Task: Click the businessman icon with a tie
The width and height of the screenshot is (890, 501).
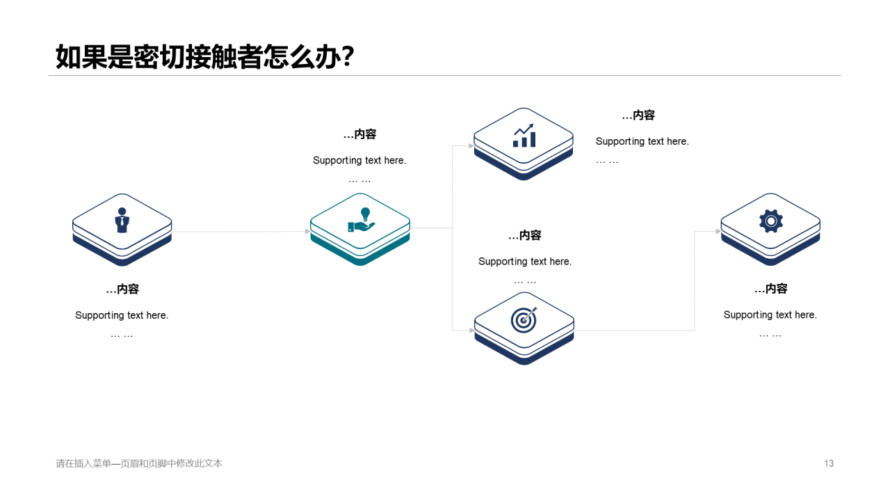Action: [x=122, y=220]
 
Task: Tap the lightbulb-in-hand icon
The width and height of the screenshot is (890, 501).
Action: [x=361, y=220]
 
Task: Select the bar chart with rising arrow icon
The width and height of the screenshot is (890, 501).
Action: [x=524, y=135]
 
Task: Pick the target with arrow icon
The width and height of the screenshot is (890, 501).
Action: [x=524, y=319]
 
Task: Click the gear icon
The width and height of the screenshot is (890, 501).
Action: [x=770, y=221]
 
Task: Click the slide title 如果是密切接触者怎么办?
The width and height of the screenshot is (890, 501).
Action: [x=205, y=57]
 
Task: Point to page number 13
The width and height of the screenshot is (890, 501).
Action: [x=828, y=463]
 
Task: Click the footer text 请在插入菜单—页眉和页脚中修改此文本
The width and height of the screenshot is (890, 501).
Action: [x=139, y=463]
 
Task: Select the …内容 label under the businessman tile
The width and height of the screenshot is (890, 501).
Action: [x=122, y=289]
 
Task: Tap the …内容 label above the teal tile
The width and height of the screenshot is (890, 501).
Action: [x=359, y=134]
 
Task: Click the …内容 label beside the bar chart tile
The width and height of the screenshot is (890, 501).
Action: [x=638, y=116]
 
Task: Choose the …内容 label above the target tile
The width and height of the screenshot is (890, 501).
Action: [x=525, y=235]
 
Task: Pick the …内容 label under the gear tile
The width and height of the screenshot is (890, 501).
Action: [x=770, y=289]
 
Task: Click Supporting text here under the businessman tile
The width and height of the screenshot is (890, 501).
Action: [x=122, y=315]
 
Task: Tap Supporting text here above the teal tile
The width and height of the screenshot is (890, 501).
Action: [x=359, y=160]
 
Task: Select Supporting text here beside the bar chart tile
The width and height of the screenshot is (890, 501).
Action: [x=642, y=141]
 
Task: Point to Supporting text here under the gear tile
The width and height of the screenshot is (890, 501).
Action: [x=770, y=315]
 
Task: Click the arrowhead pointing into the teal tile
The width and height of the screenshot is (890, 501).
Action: [x=308, y=231]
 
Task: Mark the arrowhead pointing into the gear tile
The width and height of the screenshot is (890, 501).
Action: [x=718, y=231]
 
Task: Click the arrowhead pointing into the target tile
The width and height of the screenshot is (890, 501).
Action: [x=471, y=331]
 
